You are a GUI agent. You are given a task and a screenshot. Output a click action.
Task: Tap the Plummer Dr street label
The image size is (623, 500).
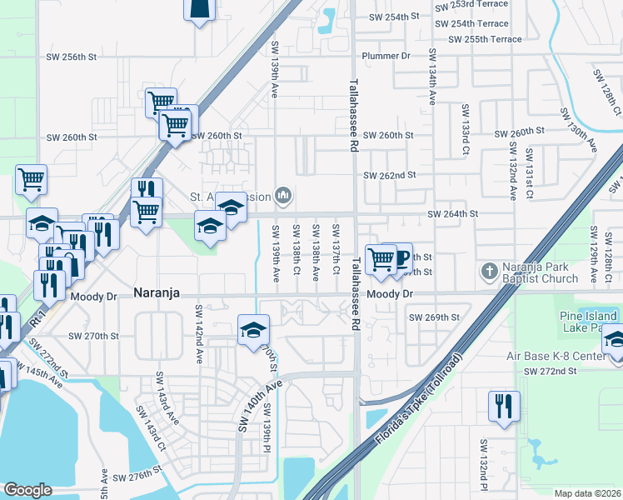(x=386, y=56)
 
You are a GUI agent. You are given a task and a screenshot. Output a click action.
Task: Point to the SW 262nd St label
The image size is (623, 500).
(x=389, y=175)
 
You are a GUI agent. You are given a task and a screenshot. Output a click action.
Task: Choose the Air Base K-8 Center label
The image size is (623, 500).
(x=557, y=357)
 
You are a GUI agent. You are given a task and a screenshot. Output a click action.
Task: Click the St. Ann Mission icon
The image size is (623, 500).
(x=283, y=196)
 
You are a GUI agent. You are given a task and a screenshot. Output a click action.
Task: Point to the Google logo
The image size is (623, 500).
(x=27, y=490)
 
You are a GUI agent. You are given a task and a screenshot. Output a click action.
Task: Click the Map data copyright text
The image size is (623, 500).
(x=586, y=493)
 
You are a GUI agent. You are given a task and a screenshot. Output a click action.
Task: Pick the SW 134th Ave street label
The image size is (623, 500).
(x=432, y=76)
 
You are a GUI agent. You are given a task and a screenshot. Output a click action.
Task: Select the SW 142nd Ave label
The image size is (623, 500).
(x=200, y=333)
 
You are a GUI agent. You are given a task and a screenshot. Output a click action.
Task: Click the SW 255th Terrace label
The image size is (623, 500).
(x=485, y=39)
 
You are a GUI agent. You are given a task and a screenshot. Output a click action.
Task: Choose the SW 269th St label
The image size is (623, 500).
(x=434, y=317)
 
